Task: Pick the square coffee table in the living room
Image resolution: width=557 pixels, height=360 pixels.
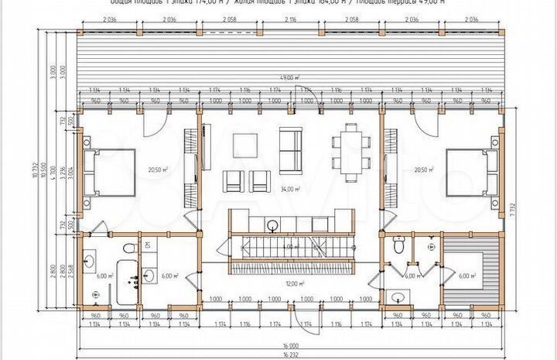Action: click(245, 146)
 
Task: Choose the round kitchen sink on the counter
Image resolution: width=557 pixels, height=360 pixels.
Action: click(272, 225)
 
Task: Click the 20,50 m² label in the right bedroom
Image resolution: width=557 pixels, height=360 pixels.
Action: click(424, 170)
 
